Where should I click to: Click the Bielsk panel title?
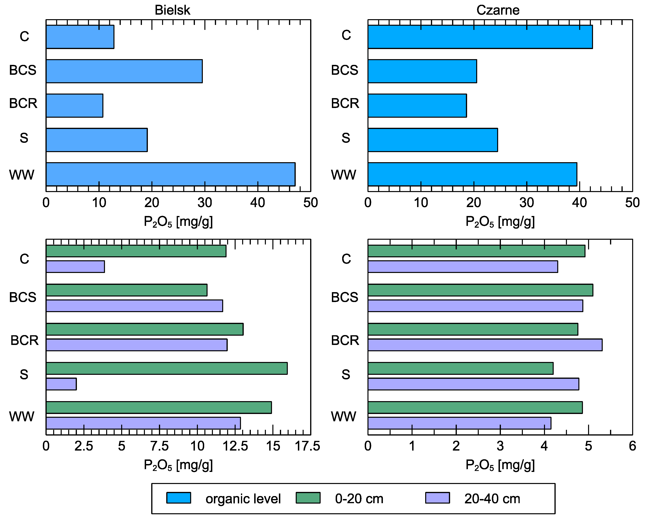(172, 10)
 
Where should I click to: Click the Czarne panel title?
(498, 10)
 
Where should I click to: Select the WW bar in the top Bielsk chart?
(171, 174)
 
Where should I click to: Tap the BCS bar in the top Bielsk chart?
(124, 71)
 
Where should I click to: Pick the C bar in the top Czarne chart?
(480, 37)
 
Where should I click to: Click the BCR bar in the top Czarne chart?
(417, 106)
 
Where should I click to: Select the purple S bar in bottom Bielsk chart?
(61, 384)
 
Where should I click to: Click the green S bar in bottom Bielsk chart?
(167, 368)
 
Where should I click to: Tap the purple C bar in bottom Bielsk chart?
(75, 266)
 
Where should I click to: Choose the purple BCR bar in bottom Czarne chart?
(485, 345)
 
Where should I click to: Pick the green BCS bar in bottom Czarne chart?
(481, 290)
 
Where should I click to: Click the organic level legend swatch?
(179, 498)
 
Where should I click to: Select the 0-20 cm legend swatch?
(308, 498)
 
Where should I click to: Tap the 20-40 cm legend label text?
(492, 499)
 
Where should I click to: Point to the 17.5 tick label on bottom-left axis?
(308, 446)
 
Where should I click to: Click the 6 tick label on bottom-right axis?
(632, 446)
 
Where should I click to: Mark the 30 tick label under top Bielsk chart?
(205, 203)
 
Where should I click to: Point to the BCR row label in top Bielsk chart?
(23, 103)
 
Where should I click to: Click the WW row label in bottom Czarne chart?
(343, 416)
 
